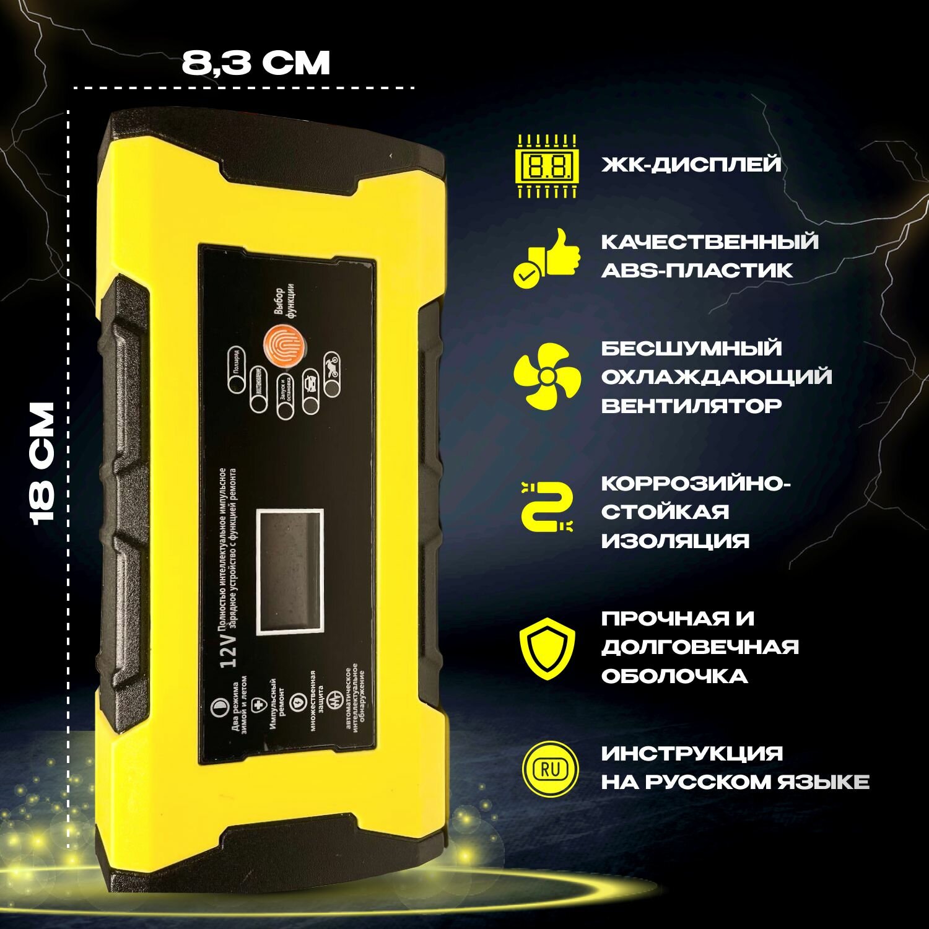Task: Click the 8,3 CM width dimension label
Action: [256, 63]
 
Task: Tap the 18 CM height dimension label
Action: [43, 463]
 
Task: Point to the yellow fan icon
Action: [547, 376]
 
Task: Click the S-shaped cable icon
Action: [547, 506]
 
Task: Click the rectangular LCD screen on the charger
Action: [290, 572]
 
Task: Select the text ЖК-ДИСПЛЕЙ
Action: [691, 165]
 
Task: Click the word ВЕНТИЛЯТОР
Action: [691, 406]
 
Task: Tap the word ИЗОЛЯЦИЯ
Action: [675, 541]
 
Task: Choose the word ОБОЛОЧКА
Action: [674, 676]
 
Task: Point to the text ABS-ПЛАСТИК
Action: [697, 270]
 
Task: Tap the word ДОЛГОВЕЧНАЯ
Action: [700, 647]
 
